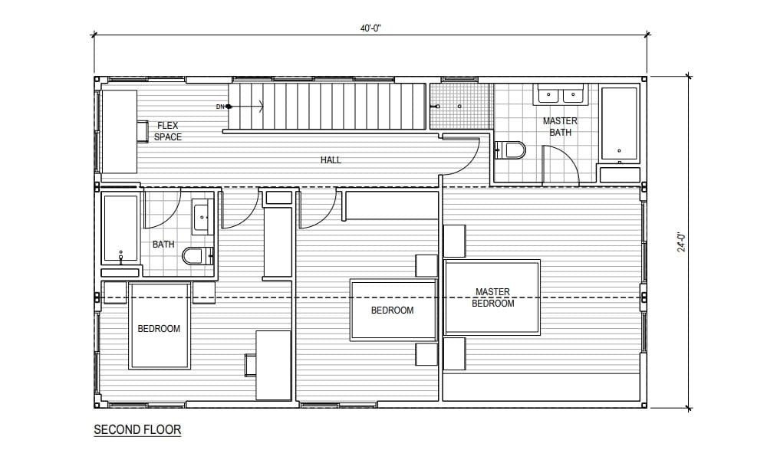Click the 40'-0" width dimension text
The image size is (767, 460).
click(370, 28)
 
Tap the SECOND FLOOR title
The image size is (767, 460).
click(137, 429)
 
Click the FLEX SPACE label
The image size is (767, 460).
click(167, 131)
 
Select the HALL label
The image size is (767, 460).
click(331, 160)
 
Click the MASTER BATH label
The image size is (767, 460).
click(560, 127)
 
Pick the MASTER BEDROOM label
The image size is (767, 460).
click(493, 297)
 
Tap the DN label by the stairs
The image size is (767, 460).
click(221, 106)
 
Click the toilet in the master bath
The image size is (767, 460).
click(512, 149)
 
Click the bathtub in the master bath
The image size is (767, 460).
click(619, 125)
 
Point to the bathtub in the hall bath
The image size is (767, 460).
click(120, 228)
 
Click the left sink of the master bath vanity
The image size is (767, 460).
click(549, 95)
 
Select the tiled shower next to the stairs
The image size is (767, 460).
click(459, 106)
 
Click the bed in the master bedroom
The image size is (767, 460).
click(492, 297)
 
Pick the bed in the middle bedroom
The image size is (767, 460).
click(393, 310)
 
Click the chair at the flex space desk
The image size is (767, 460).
click(143, 131)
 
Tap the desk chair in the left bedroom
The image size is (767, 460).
click(250, 365)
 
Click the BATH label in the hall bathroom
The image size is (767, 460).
click(163, 245)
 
